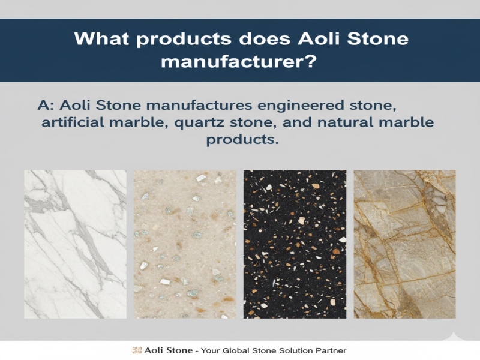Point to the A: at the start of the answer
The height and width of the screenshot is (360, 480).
coord(46,105)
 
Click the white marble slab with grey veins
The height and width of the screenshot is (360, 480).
coord(75,244)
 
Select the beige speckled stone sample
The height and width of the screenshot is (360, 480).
coord(185,244)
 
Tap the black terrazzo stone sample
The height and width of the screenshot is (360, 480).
coord(295,244)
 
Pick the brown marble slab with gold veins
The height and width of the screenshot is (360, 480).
coord(404,244)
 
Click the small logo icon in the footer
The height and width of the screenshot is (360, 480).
coord(136,350)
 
